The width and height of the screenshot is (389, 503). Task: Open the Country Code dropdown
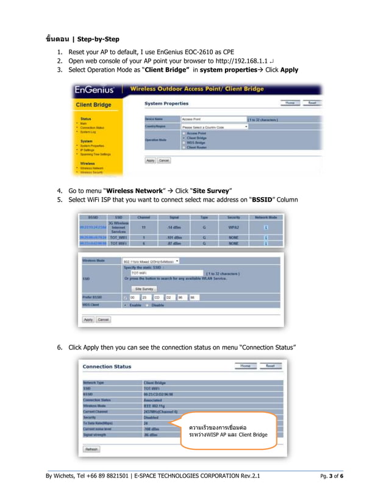215,127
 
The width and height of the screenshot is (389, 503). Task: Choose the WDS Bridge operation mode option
196,142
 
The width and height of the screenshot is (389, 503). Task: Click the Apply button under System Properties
150,161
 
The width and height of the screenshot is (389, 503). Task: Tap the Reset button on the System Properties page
312,104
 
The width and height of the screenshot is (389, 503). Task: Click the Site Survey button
144,288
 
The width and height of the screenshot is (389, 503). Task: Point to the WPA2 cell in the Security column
234,227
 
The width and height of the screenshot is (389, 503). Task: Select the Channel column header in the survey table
144,216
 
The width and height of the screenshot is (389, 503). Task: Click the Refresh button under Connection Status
91,449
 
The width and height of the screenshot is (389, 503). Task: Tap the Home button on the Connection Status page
245,366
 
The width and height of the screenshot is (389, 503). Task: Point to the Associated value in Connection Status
155,399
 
